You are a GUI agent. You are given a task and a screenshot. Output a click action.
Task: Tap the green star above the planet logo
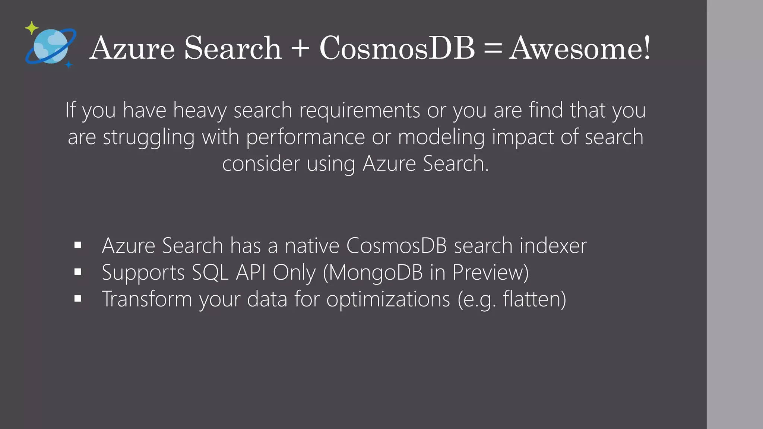point(32,28)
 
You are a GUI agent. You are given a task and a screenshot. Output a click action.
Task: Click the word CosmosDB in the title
point(397,48)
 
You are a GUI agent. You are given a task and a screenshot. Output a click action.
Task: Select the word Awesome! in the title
point(580,48)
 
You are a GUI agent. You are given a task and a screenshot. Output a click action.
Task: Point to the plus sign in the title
point(300,49)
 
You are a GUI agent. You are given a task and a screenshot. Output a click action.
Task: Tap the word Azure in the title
point(132,48)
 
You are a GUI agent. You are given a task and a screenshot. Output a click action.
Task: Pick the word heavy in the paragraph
point(200,111)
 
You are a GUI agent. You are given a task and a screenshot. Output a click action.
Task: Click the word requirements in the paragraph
point(360,111)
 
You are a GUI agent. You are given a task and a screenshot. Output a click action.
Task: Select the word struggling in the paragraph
point(149,137)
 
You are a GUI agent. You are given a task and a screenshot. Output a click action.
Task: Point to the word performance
point(305,137)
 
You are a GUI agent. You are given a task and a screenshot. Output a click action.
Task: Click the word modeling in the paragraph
point(441,137)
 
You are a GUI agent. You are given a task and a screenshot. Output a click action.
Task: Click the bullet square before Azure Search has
point(78,245)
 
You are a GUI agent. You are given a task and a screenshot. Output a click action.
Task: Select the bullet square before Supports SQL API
point(78,272)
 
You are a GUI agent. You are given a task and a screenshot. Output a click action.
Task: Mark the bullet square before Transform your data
point(78,299)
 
